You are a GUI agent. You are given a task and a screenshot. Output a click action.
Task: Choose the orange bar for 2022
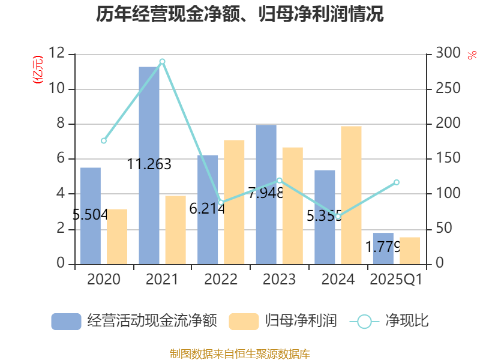[234, 202]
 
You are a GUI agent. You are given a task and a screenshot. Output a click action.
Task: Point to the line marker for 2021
[162, 62]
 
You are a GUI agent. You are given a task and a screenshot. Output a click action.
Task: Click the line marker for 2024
[338, 217]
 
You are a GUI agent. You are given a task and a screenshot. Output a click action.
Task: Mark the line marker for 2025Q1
[396, 182]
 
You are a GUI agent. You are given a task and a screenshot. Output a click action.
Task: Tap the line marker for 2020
[104, 141]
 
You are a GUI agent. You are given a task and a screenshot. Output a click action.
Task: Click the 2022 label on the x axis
[221, 280]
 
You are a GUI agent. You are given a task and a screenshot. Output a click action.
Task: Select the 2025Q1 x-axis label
[396, 280]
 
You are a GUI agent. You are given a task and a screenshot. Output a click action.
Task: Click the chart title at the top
[239, 14]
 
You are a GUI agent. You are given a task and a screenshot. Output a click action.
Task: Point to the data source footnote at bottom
[239, 353]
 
